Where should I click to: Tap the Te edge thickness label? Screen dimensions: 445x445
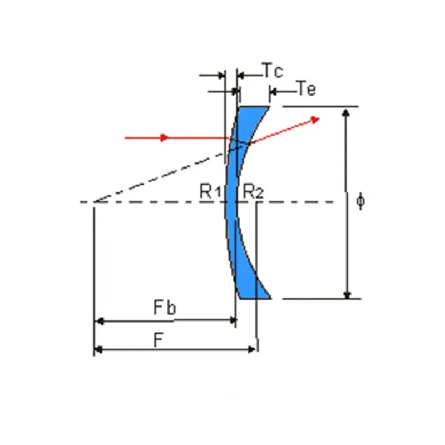306,88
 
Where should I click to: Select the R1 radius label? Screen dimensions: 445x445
211,192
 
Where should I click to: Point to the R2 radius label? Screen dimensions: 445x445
253,192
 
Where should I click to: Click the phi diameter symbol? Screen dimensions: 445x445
361,200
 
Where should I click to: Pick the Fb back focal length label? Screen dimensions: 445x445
165,308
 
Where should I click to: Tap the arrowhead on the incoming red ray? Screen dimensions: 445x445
164,137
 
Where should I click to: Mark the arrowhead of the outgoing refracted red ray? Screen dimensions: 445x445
315,118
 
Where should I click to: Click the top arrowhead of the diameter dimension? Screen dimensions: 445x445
347,113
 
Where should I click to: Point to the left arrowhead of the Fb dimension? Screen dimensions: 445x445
100,321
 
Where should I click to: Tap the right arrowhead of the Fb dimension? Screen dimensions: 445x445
232,321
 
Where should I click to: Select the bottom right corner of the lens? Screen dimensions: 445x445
271,298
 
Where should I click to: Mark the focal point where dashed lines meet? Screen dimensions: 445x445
93,202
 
